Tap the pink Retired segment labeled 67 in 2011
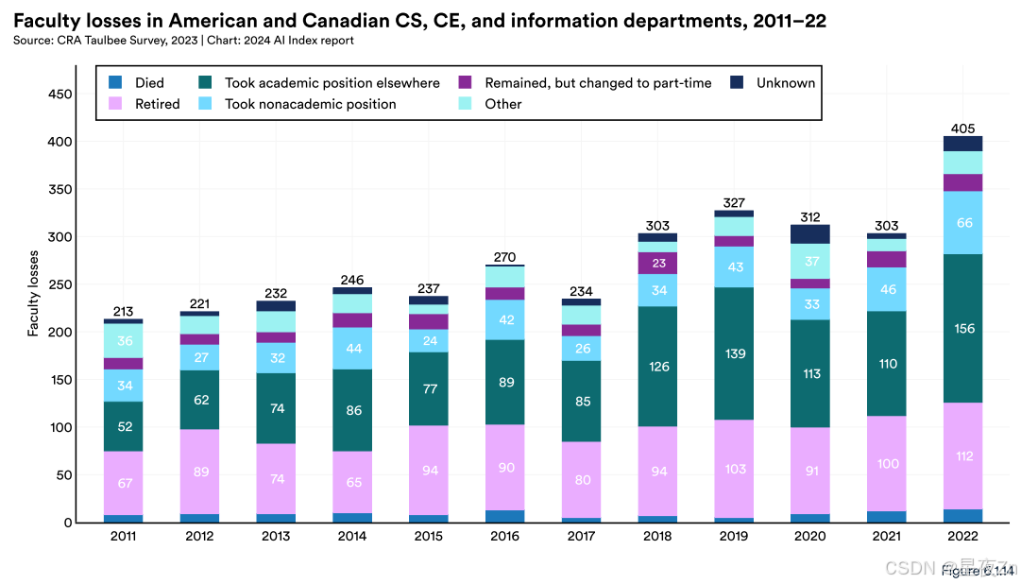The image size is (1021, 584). pyautogui.click(x=123, y=484)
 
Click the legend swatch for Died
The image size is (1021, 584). pyautogui.click(x=115, y=83)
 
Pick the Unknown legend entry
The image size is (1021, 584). pyautogui.click(x=785, y=83)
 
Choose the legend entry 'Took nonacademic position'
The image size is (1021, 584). pyautogui.click(x=310, y=104)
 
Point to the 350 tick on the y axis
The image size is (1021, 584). pyautogui.click(x=61, y=190)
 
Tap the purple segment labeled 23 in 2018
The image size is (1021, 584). pyautogui.click(x=658, y=264)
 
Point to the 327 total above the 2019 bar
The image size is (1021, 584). pyautogui.click(x=733, y=202)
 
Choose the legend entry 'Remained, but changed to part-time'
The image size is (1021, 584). pyautogui.click(x=598, y=83)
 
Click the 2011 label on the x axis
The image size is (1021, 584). pyautogui.click(x=123, y=537)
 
